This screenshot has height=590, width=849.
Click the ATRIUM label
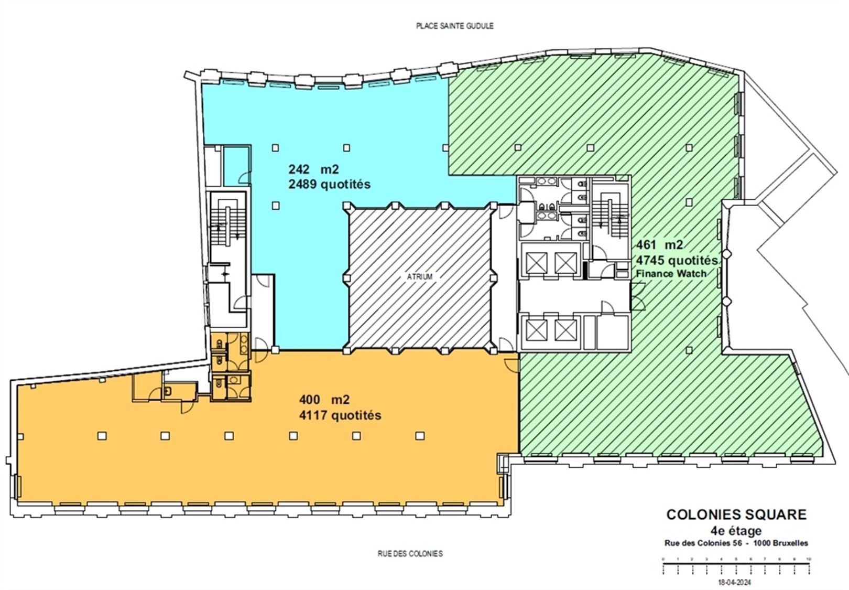point(420,276)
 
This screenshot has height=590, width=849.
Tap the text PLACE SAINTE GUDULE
point(454,26)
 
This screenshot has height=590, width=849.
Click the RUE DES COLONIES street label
point(410,553)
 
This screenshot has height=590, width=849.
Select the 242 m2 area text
point(313,169)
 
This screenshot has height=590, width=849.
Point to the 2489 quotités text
point(329,185)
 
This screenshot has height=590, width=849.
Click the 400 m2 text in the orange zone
point(324,400)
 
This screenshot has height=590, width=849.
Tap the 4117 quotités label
point(340,415)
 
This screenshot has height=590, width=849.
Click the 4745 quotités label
point(676,260)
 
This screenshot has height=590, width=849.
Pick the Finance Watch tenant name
point(670,273)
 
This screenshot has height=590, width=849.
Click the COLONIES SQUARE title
point(736,514)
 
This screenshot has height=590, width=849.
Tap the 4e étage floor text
point(736,531)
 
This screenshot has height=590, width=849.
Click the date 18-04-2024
point(736,582)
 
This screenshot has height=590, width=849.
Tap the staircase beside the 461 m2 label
point(610,218)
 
